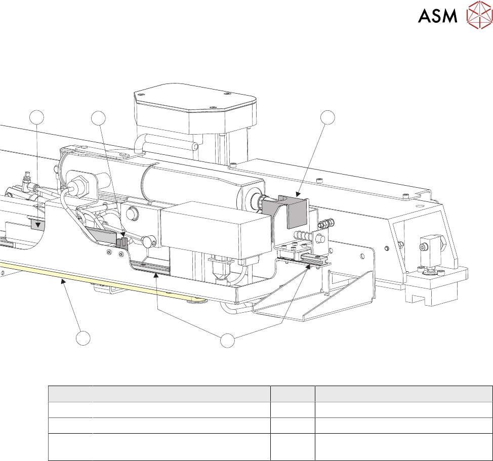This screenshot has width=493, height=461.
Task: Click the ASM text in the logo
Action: pos(438,16)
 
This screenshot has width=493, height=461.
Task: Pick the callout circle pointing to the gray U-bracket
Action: pos(328,117)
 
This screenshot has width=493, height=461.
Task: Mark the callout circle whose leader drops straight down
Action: pos(36,118)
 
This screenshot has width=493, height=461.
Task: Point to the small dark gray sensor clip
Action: pos(121,242)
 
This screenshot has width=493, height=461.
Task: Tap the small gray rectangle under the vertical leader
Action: pos(36,224)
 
